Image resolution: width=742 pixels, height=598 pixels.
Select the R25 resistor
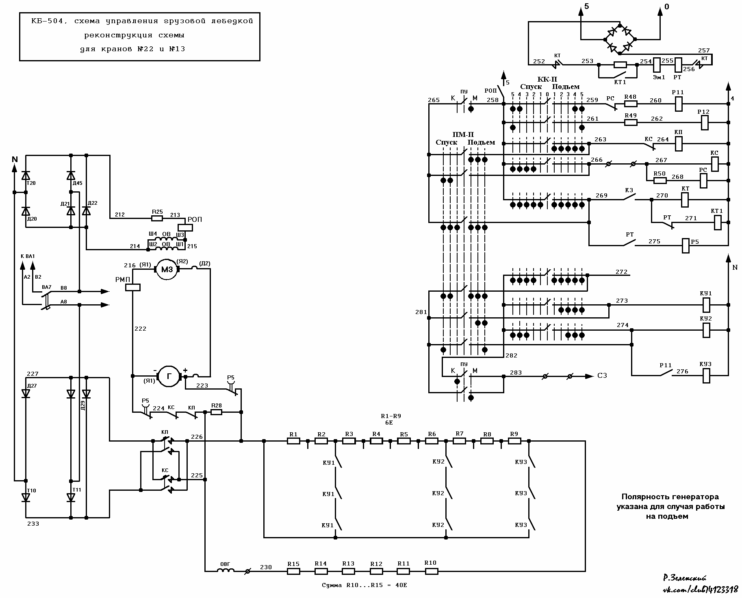[157, 218]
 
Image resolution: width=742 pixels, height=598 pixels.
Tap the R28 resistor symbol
[216, 412]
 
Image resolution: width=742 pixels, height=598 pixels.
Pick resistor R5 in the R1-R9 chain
[404, 441]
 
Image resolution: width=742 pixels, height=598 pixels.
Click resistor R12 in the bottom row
[376, 571]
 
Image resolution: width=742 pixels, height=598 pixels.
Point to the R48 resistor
[631, 104]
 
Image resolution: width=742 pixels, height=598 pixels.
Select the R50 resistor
[660, 180]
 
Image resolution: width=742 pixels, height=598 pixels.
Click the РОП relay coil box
[185, 227]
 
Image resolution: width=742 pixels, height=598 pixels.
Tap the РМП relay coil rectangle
[132, 287]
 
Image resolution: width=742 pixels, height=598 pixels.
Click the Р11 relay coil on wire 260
[678, 104]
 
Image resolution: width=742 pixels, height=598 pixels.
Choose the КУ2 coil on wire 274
[706, 330]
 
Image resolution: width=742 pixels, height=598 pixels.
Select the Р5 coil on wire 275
[686, 245]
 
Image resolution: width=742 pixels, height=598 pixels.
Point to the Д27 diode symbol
[26, 393]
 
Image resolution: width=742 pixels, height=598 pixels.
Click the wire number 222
[140, 329]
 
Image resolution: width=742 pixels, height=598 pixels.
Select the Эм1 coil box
[656, 65]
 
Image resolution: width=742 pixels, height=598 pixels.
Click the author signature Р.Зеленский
[684, 578]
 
